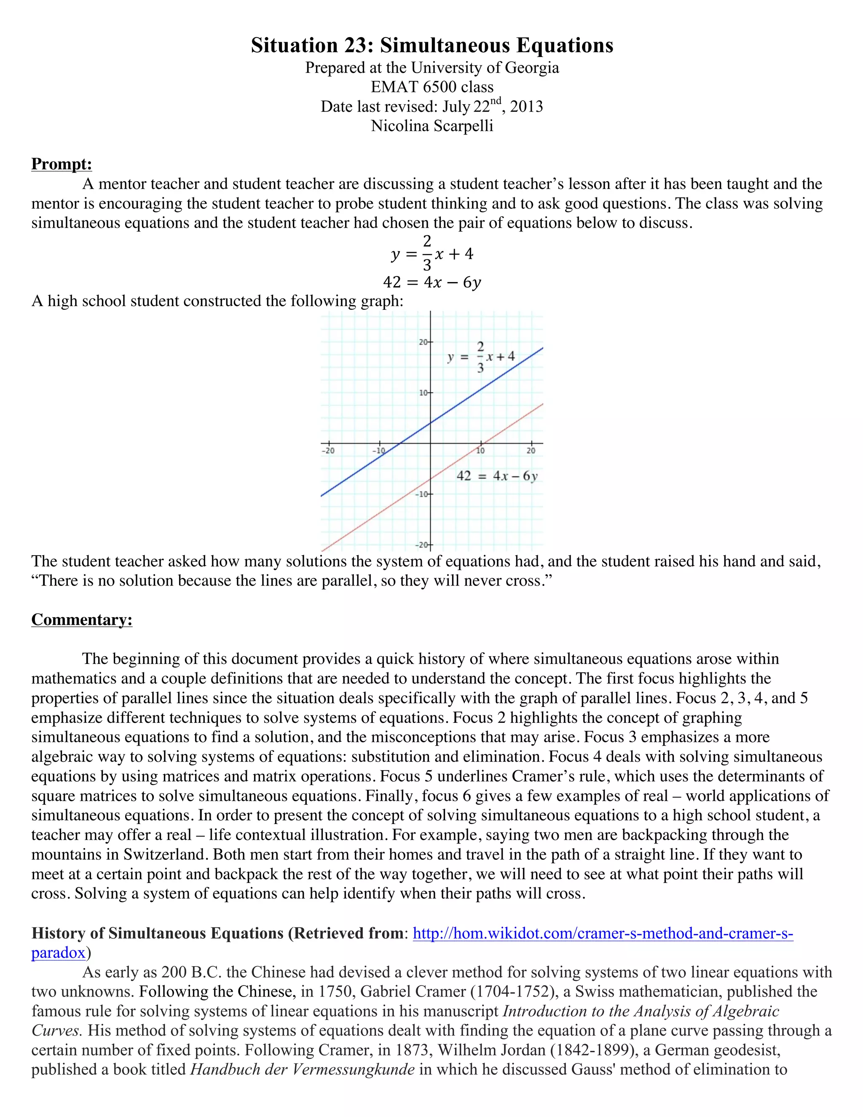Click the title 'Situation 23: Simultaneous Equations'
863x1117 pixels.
click(x=431, y=46)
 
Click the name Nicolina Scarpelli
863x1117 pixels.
click(x=432, y=126)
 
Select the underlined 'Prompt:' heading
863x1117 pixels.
click(x=62, y=164)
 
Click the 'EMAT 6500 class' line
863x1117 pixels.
click(x=432, y=87)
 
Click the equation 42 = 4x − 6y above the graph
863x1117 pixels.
click(x=432, y=282)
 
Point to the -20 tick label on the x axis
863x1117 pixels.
click(x=328, y=451)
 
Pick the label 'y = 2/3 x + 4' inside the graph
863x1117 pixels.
click(x=480, y=357)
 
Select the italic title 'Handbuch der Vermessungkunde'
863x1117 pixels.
click(x=302, y=1069)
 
